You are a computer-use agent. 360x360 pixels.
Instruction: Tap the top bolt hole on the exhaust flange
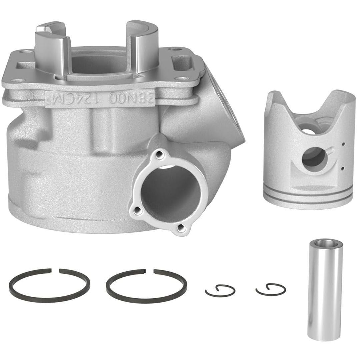coord(161,154)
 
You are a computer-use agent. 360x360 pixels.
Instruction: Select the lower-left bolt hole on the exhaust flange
coord(136,211)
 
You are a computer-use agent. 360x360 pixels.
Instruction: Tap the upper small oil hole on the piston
coord(343,144)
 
